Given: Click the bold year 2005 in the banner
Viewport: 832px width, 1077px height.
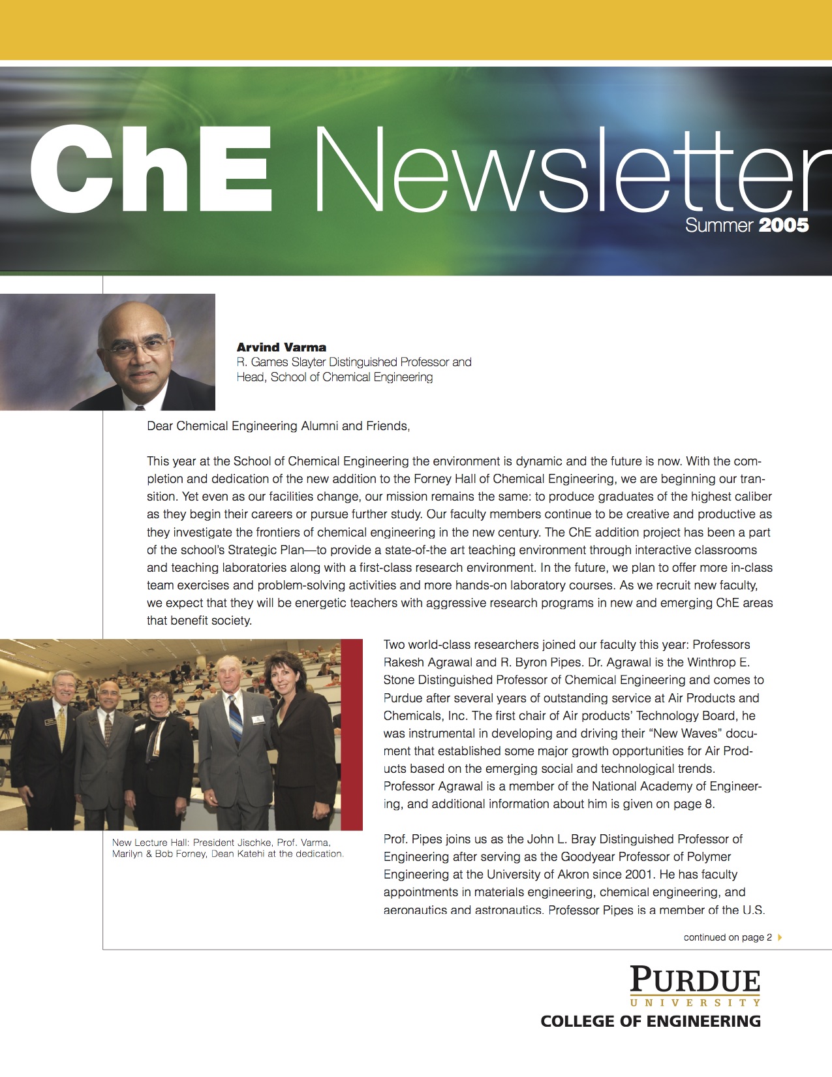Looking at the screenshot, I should point(784,226).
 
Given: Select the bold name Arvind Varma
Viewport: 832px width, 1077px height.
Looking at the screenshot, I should point(281,347).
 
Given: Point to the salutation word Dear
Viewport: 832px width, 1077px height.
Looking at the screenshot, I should point(160,426).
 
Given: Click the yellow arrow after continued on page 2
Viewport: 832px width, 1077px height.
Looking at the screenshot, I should point(780,937).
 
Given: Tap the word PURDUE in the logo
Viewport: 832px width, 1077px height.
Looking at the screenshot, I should point(695,980).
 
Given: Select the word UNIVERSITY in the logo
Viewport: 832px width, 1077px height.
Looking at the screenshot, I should point(695,1003).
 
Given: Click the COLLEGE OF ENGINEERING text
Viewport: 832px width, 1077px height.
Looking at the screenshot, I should point(651,1022).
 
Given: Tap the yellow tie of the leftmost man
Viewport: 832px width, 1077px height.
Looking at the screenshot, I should point(61,727).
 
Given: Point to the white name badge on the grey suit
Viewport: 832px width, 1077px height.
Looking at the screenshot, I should point(258,720).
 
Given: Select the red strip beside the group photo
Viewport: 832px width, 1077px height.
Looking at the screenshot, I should point(352,734).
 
